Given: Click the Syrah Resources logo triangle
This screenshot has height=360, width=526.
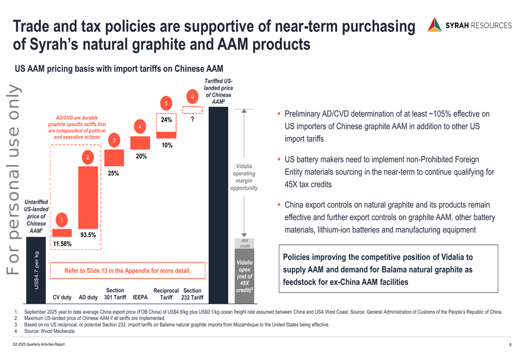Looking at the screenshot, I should (434, 25).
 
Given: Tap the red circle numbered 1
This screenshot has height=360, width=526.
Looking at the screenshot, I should (62, 221).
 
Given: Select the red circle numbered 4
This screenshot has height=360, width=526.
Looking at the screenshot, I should (139, 127).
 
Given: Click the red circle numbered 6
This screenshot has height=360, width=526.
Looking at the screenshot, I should (193, 97).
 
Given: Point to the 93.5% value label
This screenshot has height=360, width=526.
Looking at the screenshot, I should (88, 235).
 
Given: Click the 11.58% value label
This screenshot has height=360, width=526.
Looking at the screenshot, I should (62, 244).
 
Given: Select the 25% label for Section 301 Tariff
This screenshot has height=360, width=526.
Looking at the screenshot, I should (113, 173).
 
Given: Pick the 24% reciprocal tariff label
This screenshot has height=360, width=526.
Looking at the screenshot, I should (167, 120).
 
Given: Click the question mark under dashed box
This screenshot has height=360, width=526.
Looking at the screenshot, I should (193, 119).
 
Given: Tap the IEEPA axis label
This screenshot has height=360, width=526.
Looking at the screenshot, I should (140, 297).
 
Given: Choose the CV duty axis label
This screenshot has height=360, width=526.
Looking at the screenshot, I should (62, 297).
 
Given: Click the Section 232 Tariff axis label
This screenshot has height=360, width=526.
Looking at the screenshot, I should (193, 294).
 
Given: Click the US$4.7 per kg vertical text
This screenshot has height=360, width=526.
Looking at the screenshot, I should (36, 270).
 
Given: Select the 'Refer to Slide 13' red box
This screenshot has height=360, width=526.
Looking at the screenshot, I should (128, 271).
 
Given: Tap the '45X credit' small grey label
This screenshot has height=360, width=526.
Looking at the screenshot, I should (245, 243).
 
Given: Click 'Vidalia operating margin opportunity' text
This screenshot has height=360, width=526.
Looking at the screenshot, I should (244, 177).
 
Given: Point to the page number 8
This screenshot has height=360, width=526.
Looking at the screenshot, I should (510, 345).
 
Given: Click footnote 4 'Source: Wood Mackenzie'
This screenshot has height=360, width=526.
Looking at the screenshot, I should (48, 331).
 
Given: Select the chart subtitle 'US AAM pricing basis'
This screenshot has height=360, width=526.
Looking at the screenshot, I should (119, 69).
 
